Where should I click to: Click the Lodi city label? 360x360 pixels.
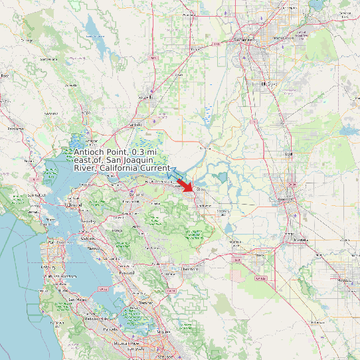pos(288,153)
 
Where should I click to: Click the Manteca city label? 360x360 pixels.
pos(301,240)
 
